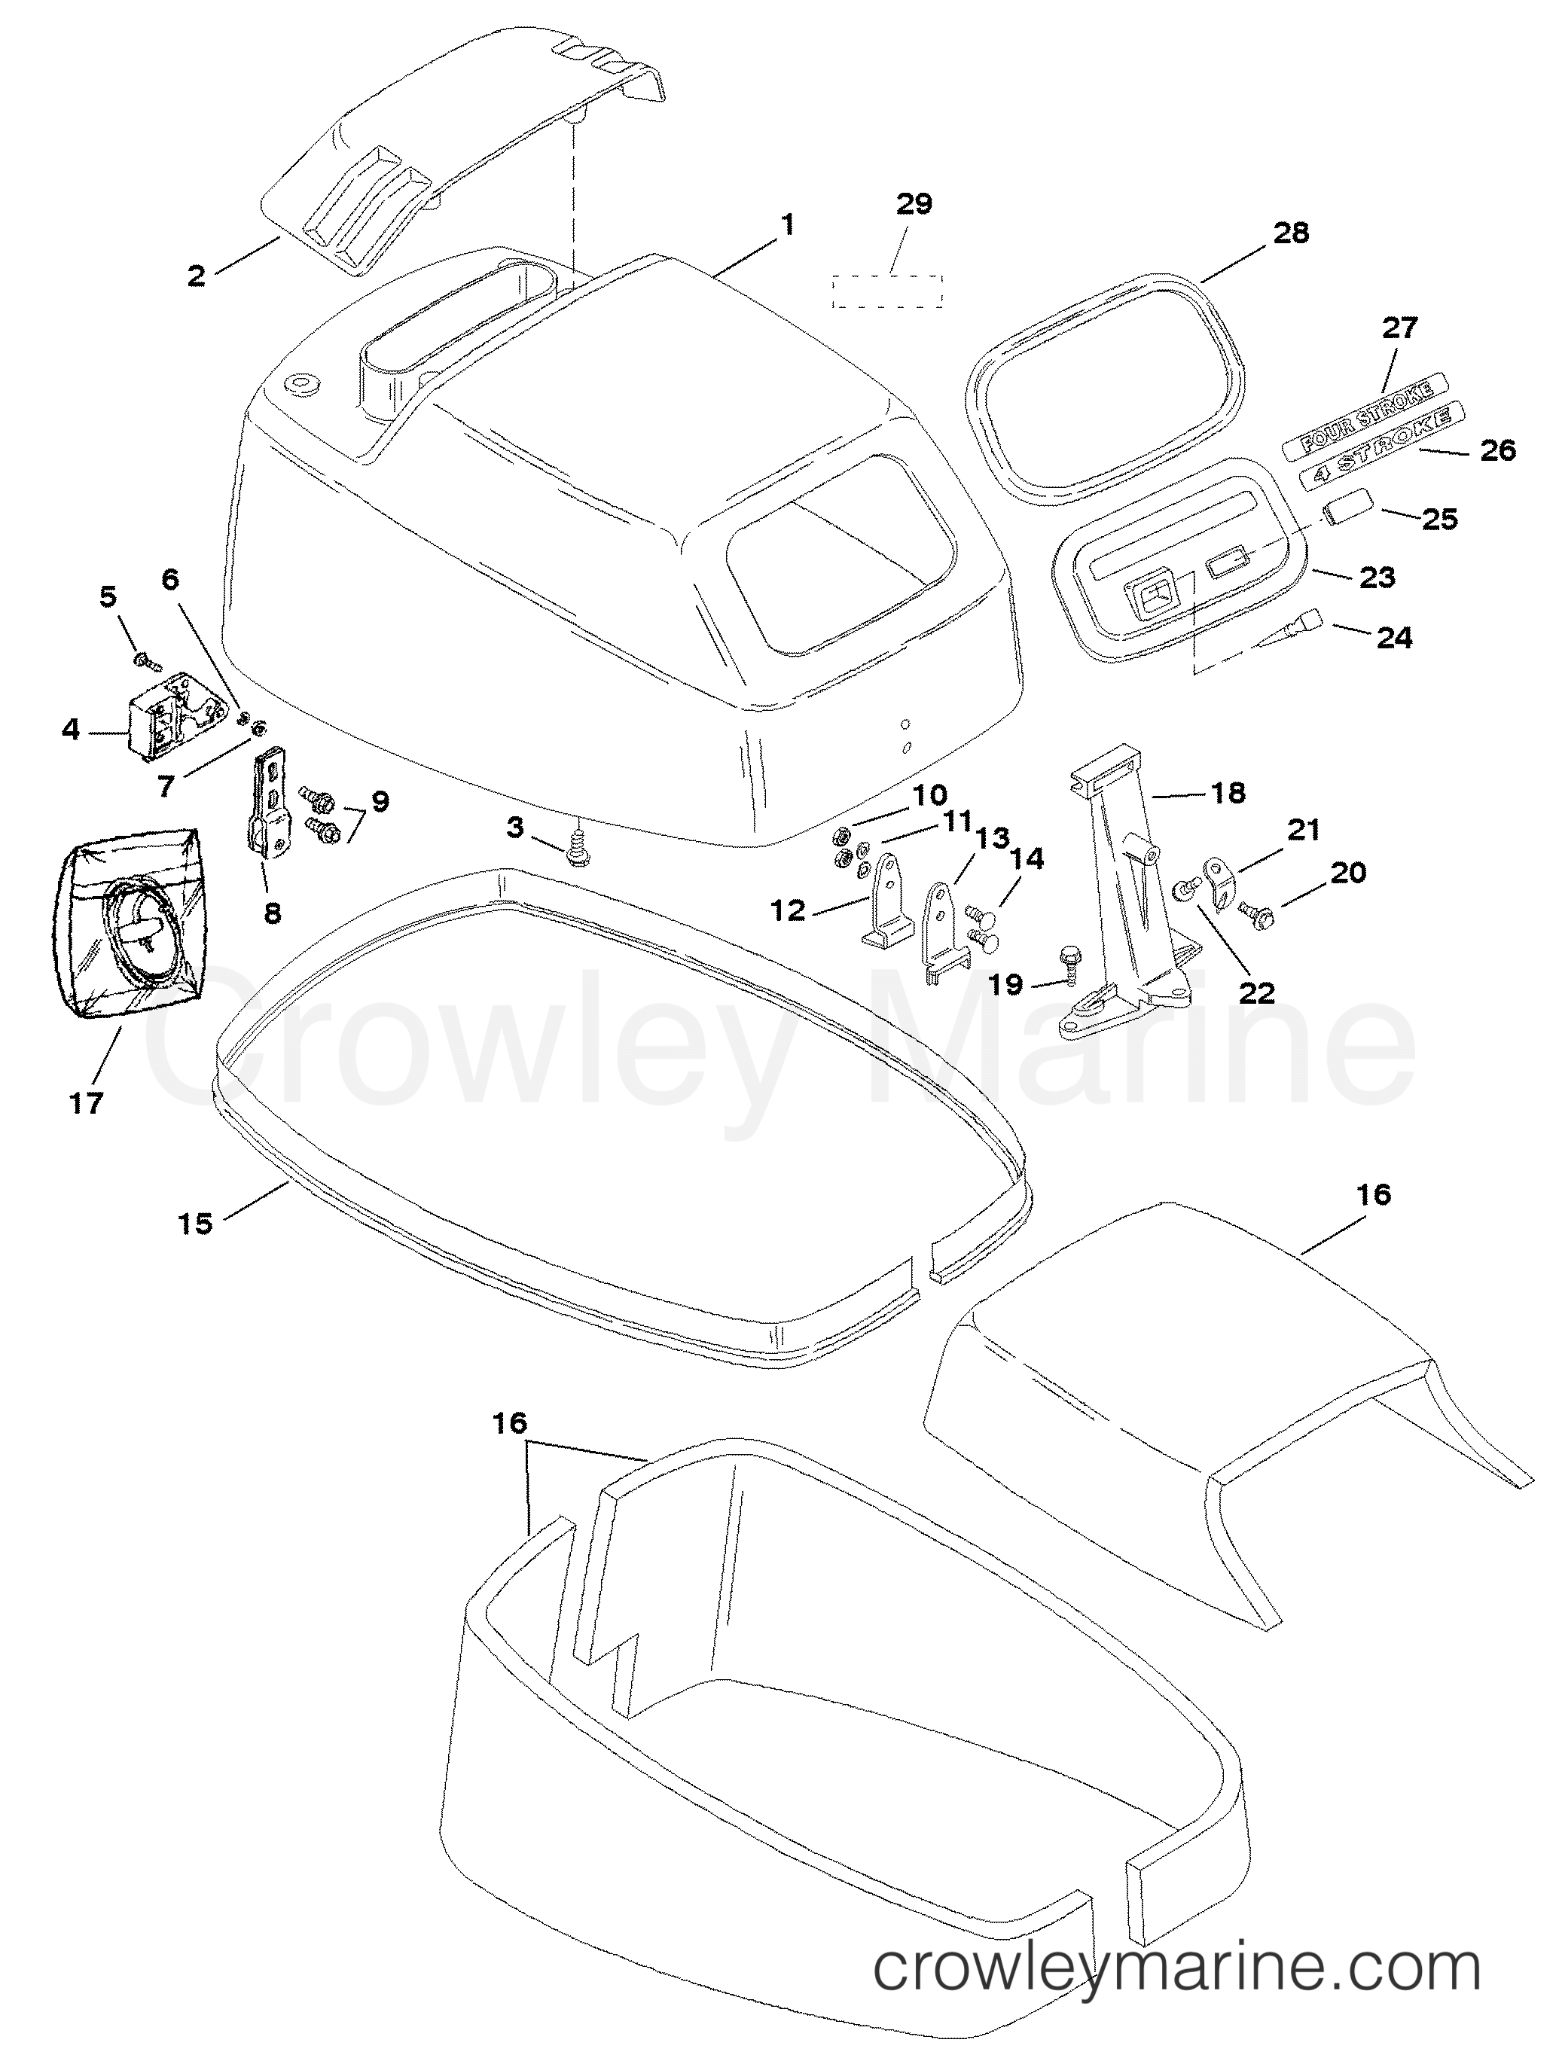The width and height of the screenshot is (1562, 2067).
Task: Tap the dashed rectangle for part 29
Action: [888, 291]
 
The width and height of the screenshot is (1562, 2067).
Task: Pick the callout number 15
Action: [195, 1223]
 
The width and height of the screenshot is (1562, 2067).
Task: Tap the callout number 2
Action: [197, 276]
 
